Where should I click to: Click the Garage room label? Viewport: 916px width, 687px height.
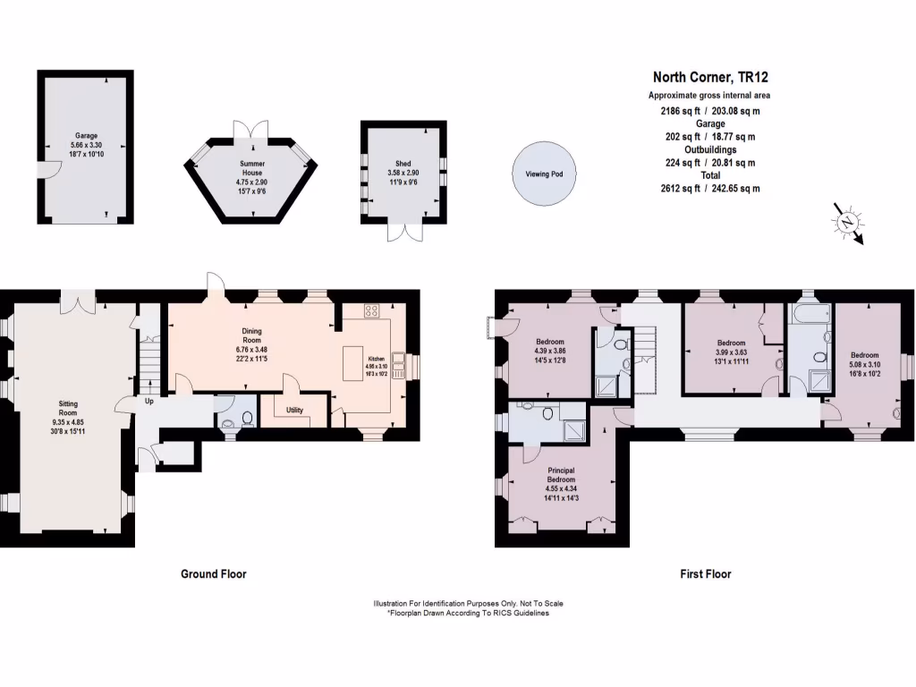coord(86,136)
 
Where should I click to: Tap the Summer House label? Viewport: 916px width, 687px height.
coord(251,169)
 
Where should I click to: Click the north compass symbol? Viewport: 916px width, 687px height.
coord(846,221)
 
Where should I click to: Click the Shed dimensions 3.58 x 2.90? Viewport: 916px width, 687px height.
coord(402,173)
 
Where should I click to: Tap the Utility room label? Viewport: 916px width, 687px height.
coord(295,410)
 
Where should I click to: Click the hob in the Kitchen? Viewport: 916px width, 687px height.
coord(371,312)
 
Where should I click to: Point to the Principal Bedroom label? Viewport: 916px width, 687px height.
coord(561,474)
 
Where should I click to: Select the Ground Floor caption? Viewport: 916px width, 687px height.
coord(213,573)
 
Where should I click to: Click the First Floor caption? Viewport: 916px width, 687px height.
coord(705,573)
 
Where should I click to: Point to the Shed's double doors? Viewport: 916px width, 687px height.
coord(402,230)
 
